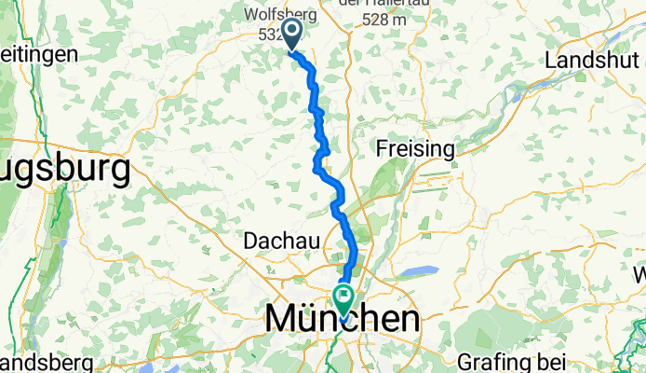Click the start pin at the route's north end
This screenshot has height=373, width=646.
tap(292, 35)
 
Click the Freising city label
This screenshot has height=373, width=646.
tap(414, 148)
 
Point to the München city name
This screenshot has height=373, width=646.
tap(342, 320)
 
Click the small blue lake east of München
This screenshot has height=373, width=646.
tap(421, 271)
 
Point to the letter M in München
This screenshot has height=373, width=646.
tap(282, 320)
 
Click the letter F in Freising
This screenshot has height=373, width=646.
tap(381, 148)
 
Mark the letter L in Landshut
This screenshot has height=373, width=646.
tap(552, 59)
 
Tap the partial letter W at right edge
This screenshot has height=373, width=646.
tap(640, 275)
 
